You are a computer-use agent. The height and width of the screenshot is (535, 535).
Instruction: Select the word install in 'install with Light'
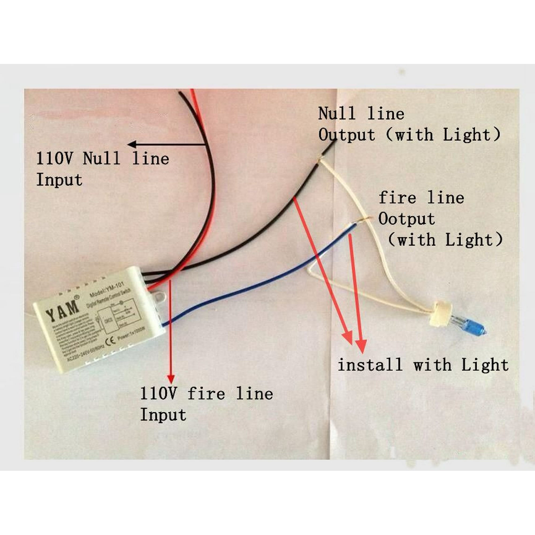tap(370, 364)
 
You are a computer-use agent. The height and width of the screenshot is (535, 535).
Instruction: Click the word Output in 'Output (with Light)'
tap(347, 135)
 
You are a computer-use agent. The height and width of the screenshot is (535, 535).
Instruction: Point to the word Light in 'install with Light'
tap(485, 364)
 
